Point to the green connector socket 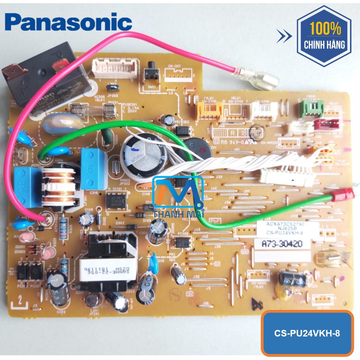[311, 108]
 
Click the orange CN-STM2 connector [210, 110]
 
